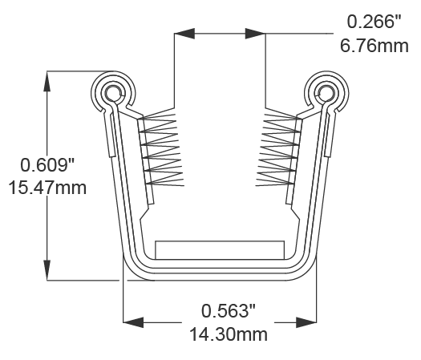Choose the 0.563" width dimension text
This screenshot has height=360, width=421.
pos(229,310)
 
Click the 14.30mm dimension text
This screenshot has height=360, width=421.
pos(229,334)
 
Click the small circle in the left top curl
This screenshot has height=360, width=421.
pos(111,91)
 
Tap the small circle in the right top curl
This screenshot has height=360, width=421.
pos(326,91)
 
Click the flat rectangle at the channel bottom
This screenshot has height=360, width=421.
pos(220,249)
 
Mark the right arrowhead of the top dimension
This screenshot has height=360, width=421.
pos(255,33)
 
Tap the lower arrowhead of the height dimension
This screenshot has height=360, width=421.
pos(48,270)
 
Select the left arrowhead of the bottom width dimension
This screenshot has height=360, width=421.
pos(133,322)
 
